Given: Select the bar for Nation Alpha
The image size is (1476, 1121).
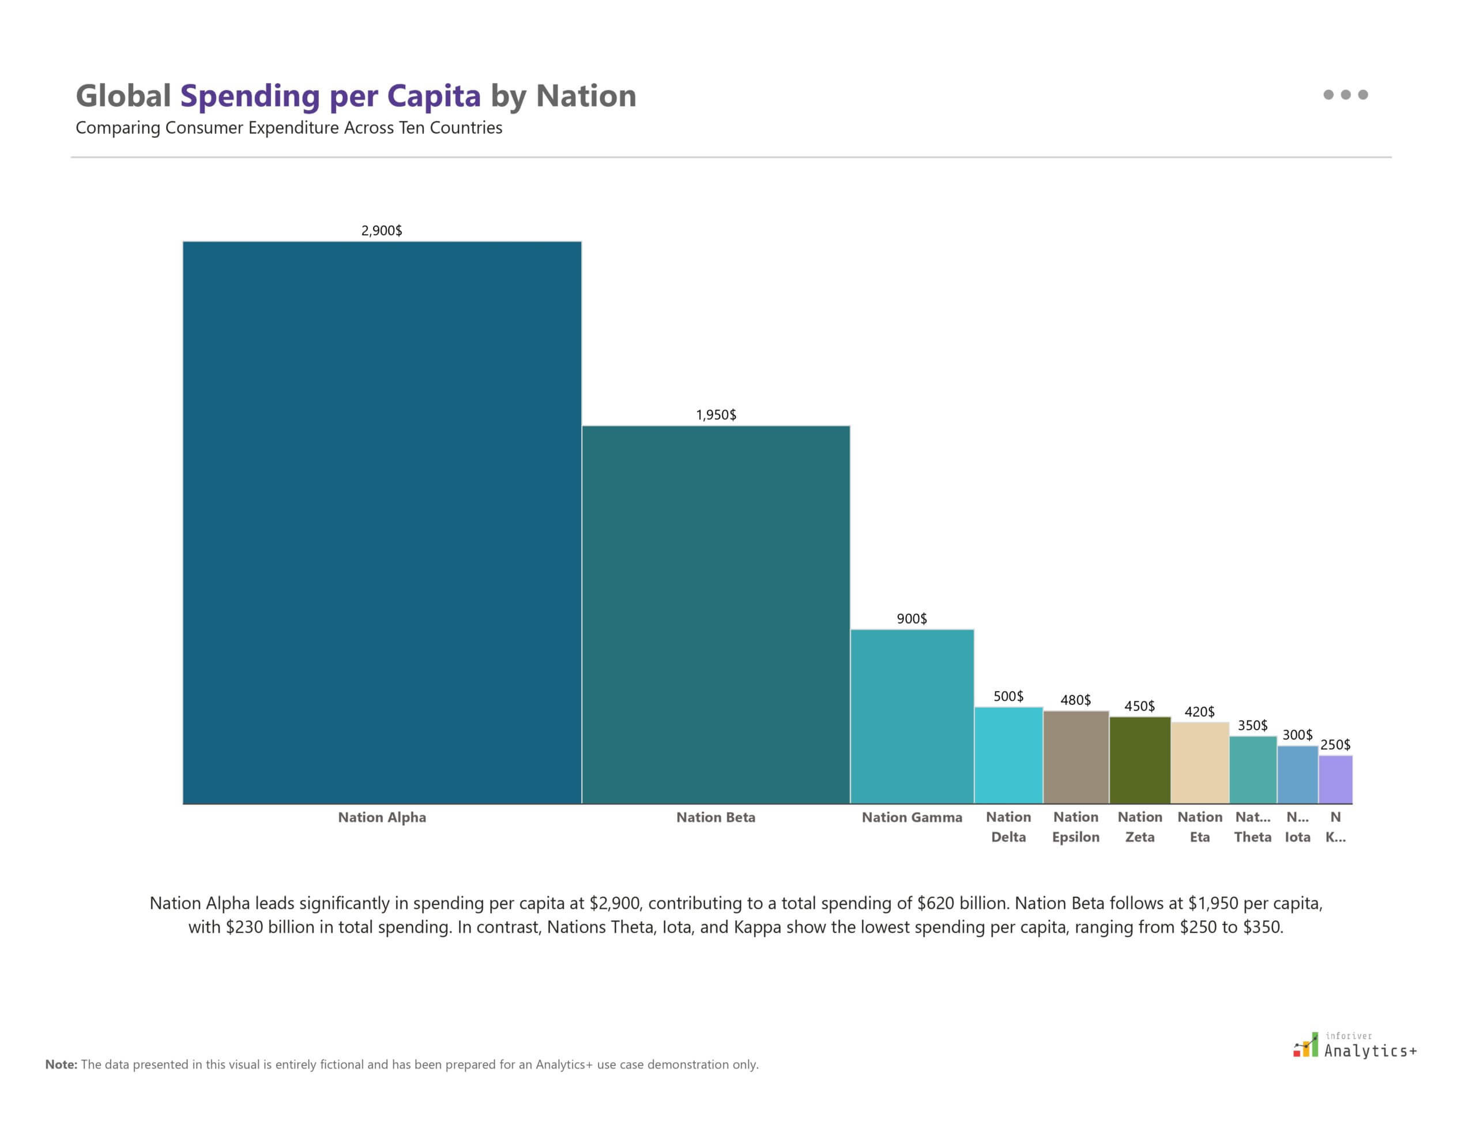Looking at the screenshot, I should [x=382, y=523].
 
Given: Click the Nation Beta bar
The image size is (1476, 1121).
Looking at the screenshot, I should [x=716, y=614].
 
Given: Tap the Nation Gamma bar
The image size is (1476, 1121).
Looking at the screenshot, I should [x=912, y=716].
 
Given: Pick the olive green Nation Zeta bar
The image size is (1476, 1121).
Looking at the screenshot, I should [x=1139, y=760].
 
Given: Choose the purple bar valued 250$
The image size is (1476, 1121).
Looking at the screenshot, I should [x=1335, y=779].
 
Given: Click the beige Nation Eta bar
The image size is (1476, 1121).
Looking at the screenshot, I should [x=1200, y=763].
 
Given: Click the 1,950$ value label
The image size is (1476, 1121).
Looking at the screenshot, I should [x=716, y=415].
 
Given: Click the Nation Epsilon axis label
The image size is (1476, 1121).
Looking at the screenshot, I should [x=1075, y=826].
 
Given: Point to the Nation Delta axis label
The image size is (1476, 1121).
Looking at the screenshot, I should [x=1008, y=826].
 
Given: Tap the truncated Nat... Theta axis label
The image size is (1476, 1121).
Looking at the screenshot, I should [x=1252, y=826].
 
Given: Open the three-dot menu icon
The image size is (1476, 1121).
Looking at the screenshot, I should [x=1345, y=95].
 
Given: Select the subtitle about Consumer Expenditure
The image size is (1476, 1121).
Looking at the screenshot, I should [x=288, y=128].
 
